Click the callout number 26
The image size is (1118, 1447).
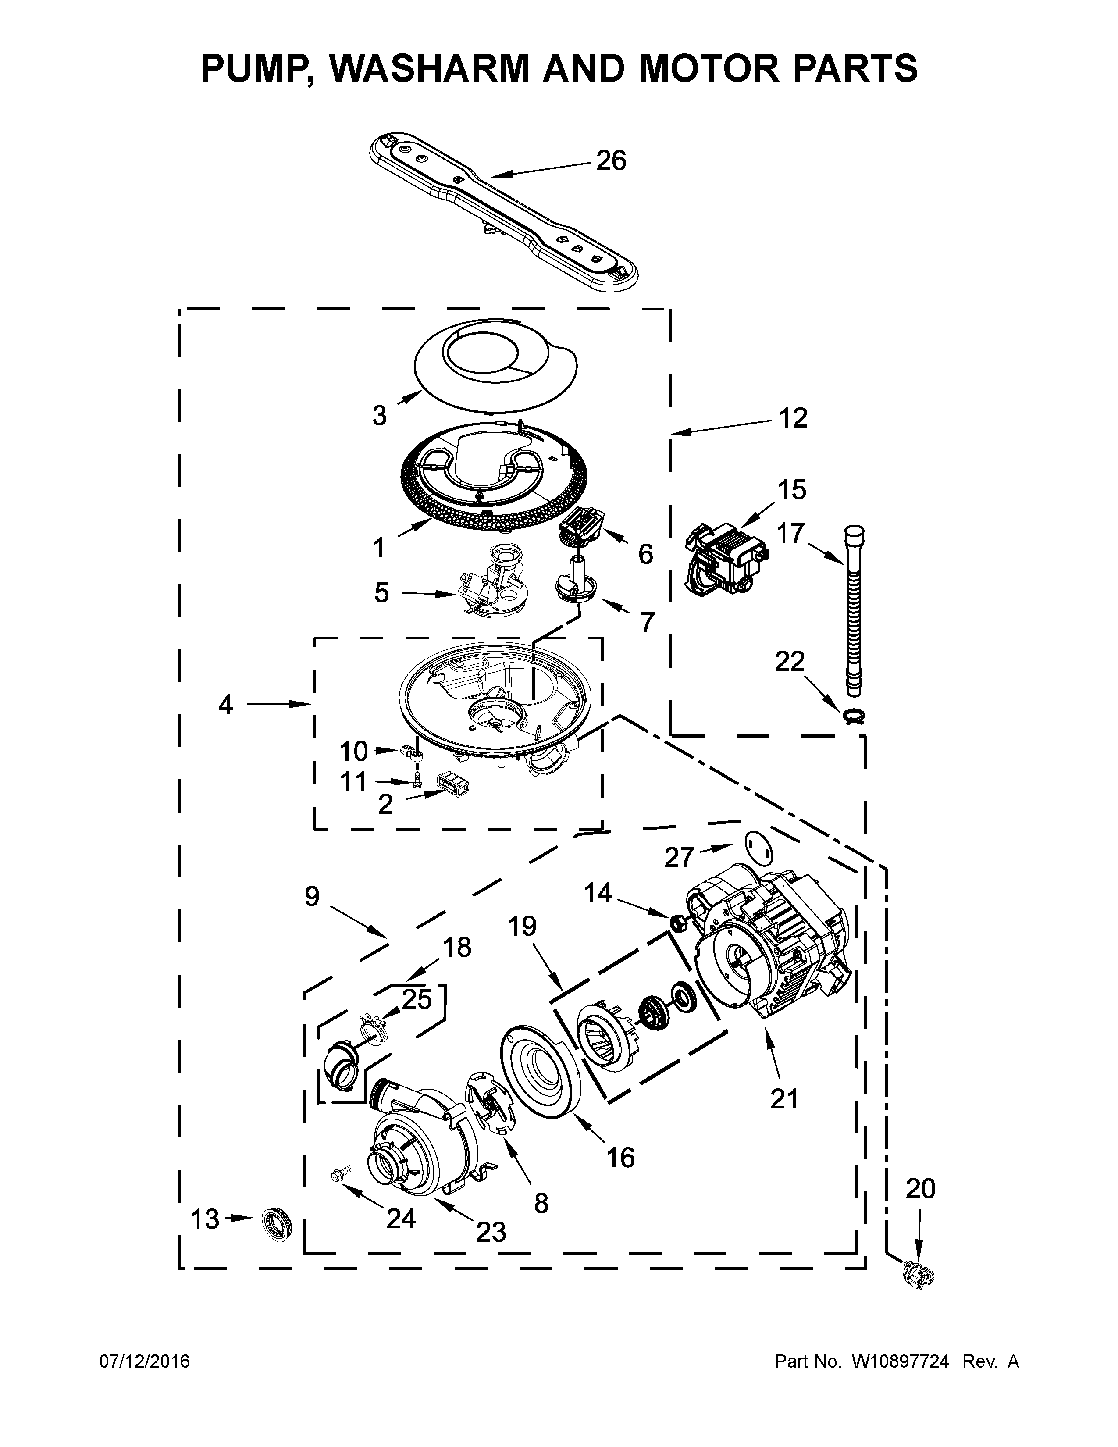[611, 161]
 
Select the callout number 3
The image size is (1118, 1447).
[379, 416]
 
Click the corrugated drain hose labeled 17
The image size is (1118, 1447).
[854, 609]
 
